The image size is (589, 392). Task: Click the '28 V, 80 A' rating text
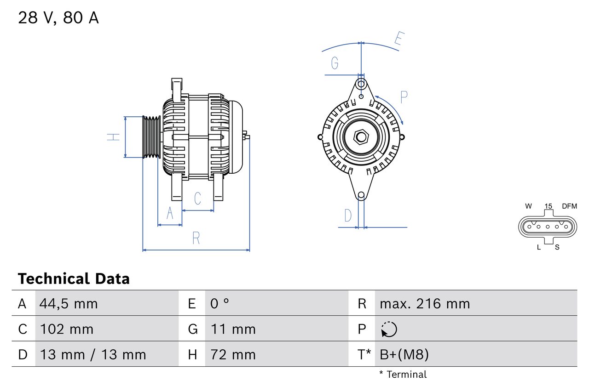pyautogui.click(x=58, y=18)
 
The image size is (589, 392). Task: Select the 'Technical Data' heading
pyautogui.click(x=74, y=278)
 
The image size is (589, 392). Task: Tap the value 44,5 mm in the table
pyautogui.click(x=69, y=303)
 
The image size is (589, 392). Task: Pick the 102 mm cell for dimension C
pyautogui.click(x=67, y=329)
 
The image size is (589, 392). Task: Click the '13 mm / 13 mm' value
pyautogui.click(x=93, y=354)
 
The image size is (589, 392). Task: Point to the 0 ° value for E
pyautogui.click(x=219, y=303)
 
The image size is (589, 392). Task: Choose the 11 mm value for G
pyautogui.click(x=233, y=329)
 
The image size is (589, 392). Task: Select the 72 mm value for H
pyautogui.click(x=233, y=354)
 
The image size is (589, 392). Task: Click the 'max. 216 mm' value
pyautogui.click(x=425, y=303)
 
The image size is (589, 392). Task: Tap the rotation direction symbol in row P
pyautogui.click(x=389, y=329)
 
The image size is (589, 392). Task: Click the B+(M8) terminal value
pyautogui.click(x=404, y=354)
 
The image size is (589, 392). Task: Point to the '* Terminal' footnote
pyautogui.click(x=403, y=375)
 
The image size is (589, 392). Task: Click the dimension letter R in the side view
pyautogui.click(x=196, y=238)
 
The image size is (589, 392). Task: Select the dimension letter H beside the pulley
pyautogui.click(x=113, y=137)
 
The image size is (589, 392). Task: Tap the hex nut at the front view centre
pyautogui.click(x=361, y=137)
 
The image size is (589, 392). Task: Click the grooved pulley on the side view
pyautogui.click(x=151, y=137)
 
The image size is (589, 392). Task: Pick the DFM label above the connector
pyautogui.click(x=569, y=206)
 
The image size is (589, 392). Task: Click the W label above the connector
pyautogui.click(x=528, y=206)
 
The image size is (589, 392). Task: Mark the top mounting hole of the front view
pyautogui.click(x=361, y=84)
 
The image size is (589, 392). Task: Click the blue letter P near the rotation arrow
pyautogui.click(x=404, y=97)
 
